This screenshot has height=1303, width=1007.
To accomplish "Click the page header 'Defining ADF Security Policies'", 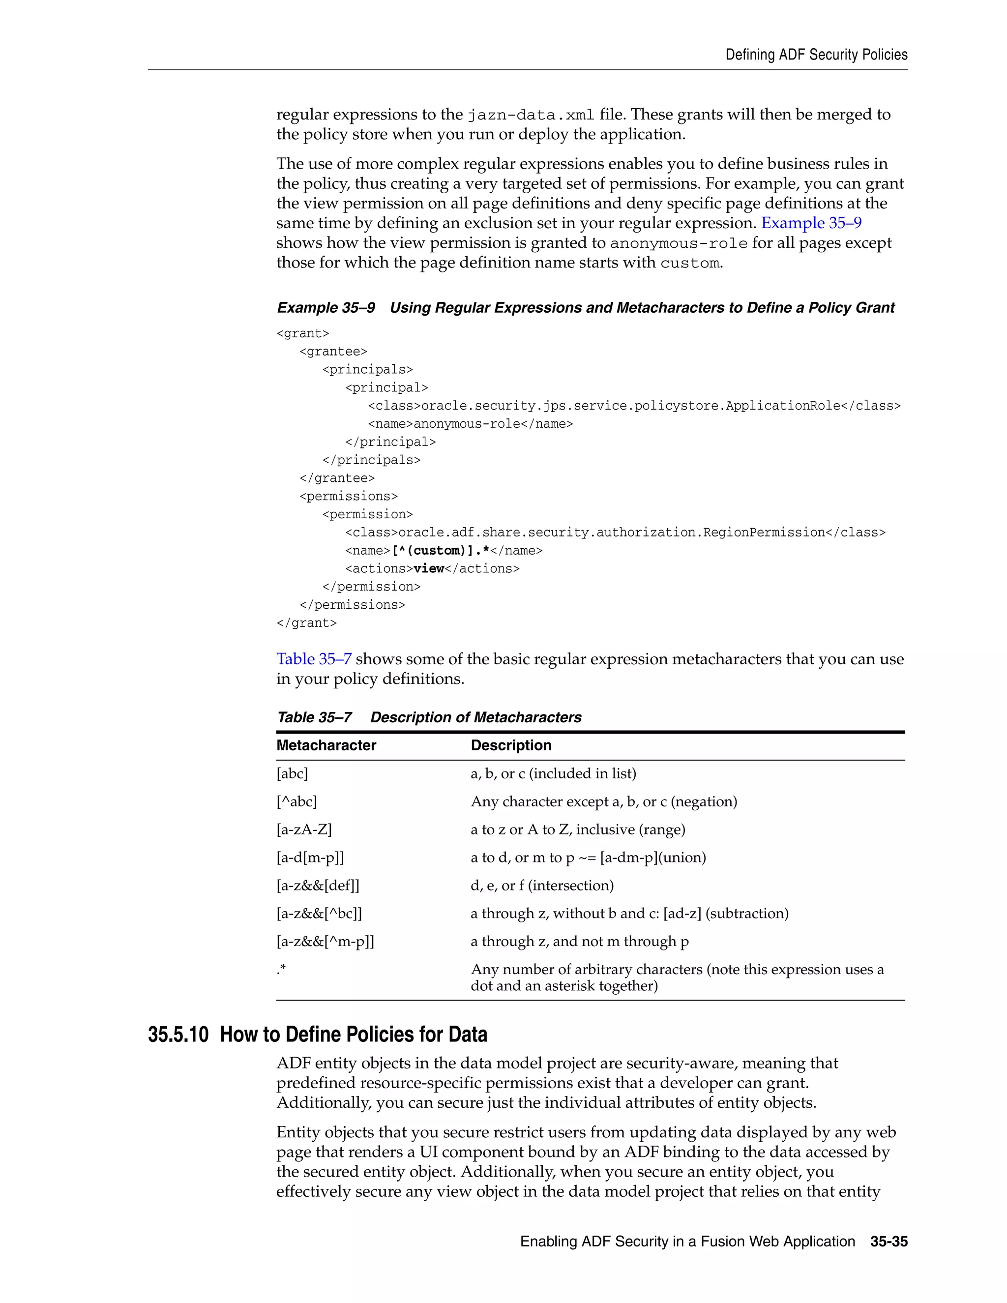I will click(816, 55).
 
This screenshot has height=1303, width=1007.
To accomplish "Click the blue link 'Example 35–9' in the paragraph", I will click(811, 223).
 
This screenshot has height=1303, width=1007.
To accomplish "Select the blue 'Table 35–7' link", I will click(314, 659).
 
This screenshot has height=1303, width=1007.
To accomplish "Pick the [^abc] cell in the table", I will click(296, 802).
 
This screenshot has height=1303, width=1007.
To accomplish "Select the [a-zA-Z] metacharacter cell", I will click(304, 830).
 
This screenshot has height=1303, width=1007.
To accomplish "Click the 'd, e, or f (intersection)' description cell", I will click(542, 886).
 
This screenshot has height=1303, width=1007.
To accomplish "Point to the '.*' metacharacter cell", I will click(281, 970).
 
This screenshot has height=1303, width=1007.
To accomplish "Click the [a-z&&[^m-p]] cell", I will click(325, 942).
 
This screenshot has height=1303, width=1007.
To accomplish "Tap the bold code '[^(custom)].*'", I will click(440, 551).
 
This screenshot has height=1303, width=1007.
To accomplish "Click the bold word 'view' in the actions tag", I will click(428, 568).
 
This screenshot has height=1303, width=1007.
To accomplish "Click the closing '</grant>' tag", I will click(307, 623).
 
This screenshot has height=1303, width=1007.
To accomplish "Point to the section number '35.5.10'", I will click(178, 1035).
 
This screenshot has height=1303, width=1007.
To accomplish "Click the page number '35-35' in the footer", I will click(889, 1242).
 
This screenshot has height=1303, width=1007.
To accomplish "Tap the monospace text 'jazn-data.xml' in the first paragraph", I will click(531, 115).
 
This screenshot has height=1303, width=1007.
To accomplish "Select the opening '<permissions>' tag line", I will click(349, 497).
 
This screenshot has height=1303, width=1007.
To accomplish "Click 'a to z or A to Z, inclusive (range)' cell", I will click(577, 830).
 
